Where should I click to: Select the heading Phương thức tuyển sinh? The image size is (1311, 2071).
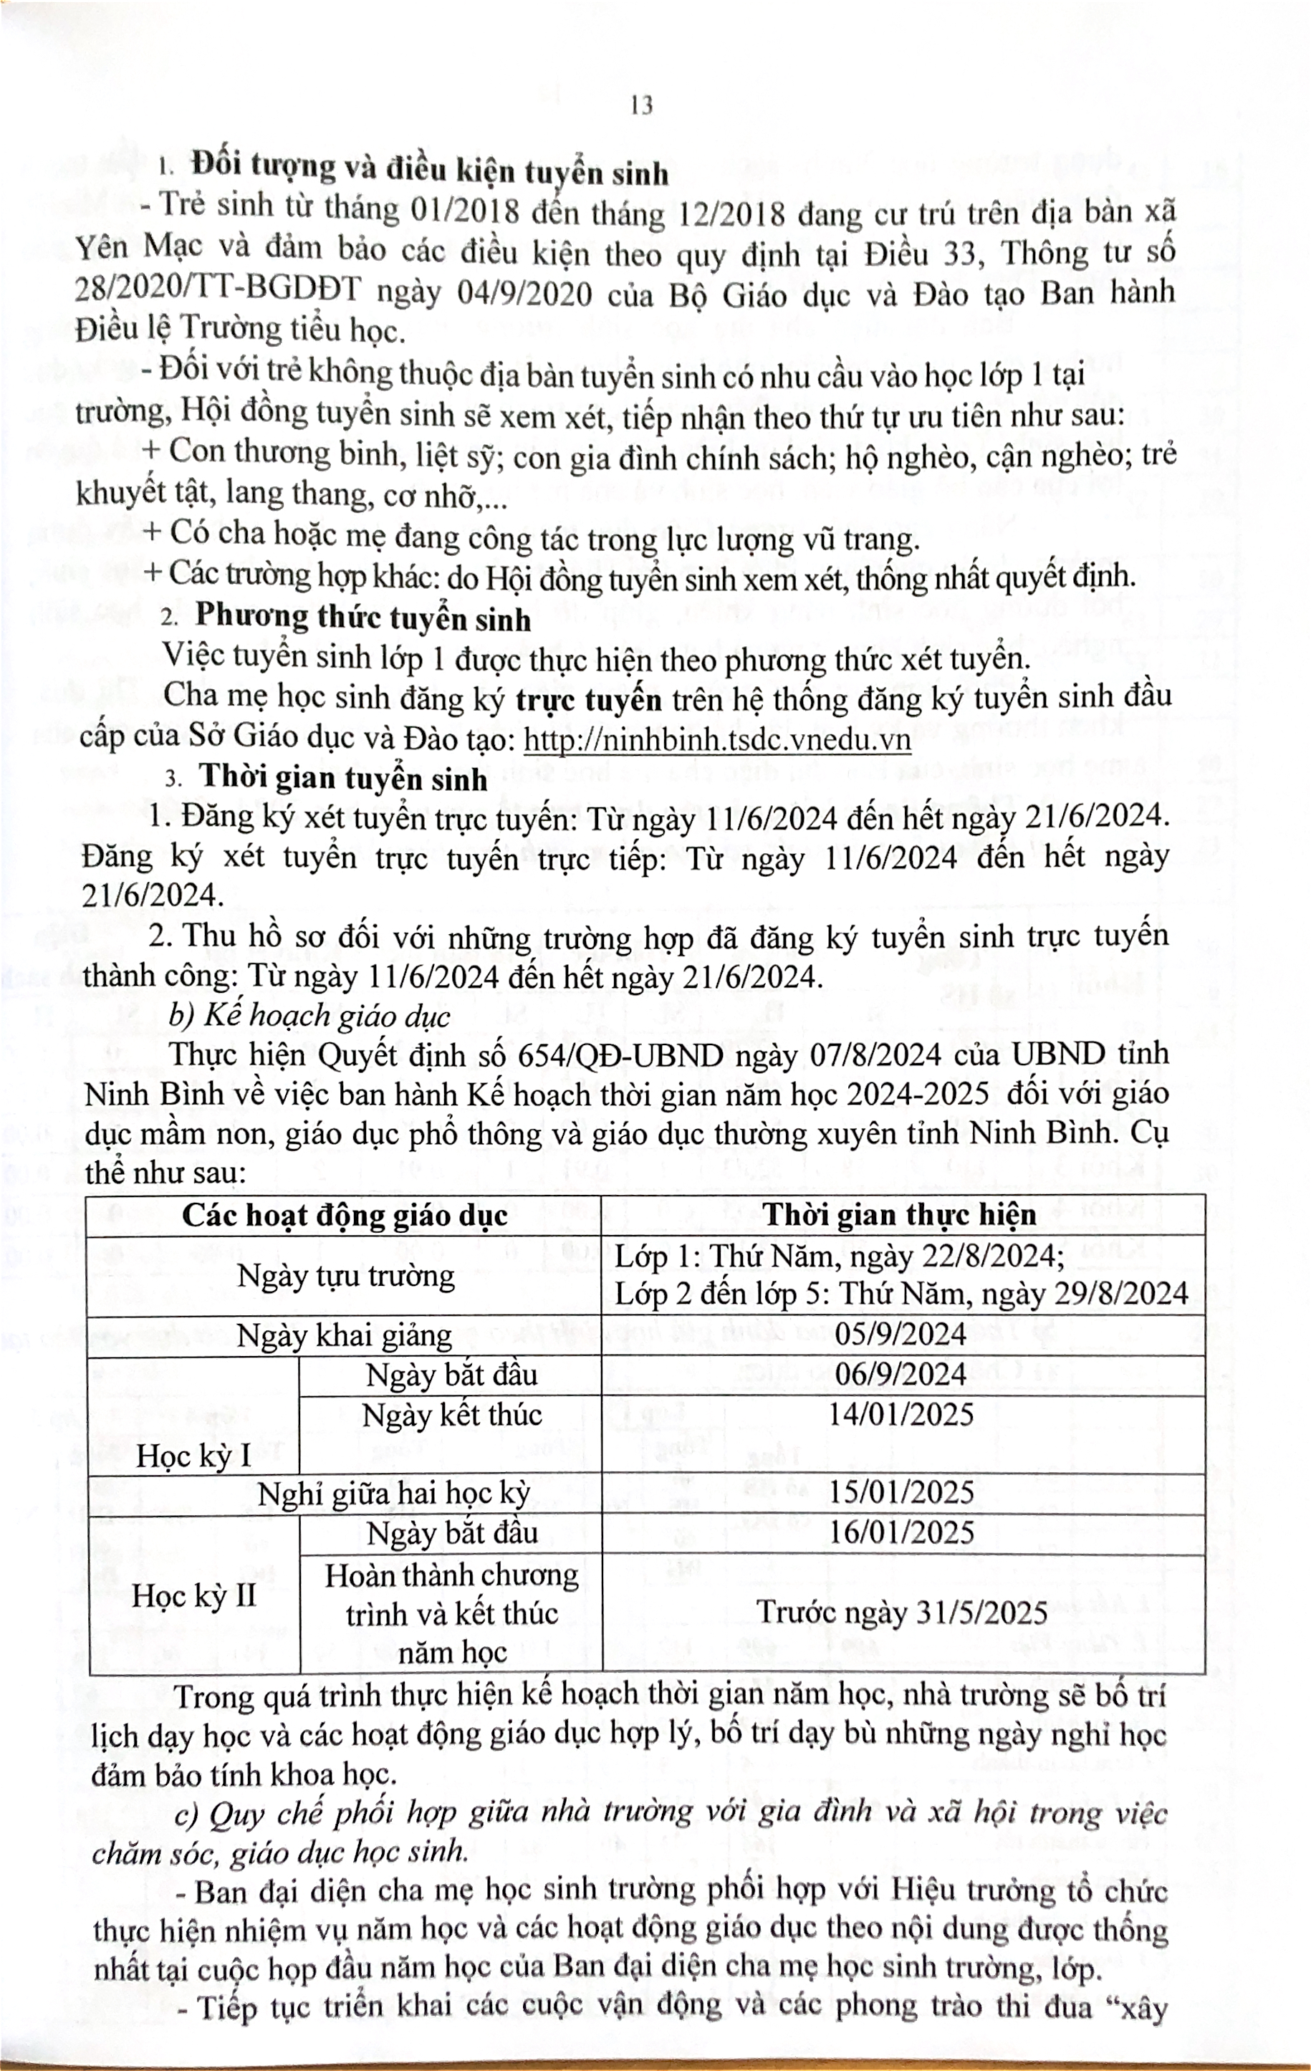(x=363, y=618)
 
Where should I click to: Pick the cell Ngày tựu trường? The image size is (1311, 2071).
(x=346, y=1274)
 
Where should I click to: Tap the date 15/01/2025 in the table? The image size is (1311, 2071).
(x=900, y=1492)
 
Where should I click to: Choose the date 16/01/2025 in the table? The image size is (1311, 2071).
(x=900, y=1532)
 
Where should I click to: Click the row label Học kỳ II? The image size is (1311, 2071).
(x=194, y=1596)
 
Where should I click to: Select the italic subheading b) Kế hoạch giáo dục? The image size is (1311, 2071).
(x=309, y=1015)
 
